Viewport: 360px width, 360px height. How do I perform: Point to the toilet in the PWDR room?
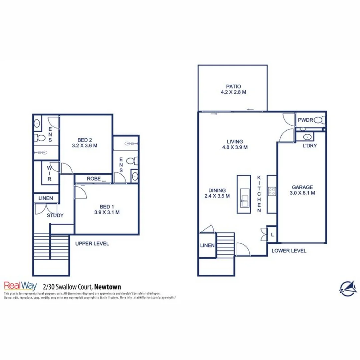[x=320, y=120]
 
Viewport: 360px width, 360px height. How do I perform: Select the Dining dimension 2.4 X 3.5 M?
[x=217, y=196]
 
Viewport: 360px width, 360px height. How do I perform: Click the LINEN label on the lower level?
[x=207, y=245]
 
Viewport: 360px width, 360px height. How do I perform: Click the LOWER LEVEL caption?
[x=289, y=251]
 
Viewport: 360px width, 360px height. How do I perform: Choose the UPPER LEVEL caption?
[x=92, y=244]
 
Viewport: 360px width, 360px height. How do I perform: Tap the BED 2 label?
[x=85, y=140]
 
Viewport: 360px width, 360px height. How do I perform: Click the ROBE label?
[x=94, y=179]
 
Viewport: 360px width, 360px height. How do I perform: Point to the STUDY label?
[x=55, y=216]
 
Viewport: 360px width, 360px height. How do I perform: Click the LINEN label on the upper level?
[x=46, y=198]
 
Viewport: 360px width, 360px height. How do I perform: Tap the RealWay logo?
[x=20, y=286]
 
